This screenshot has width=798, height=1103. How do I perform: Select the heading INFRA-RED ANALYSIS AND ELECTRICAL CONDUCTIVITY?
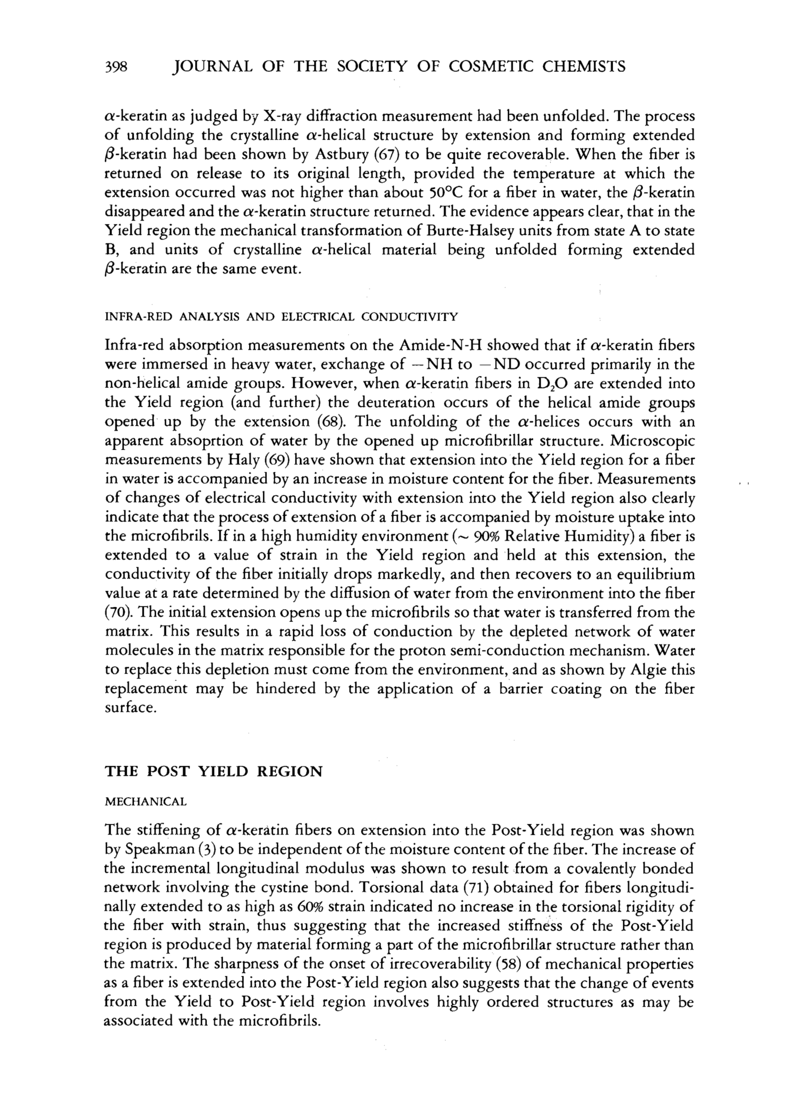[281, 317]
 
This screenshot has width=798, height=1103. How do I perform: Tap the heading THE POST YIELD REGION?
[213, 772]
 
